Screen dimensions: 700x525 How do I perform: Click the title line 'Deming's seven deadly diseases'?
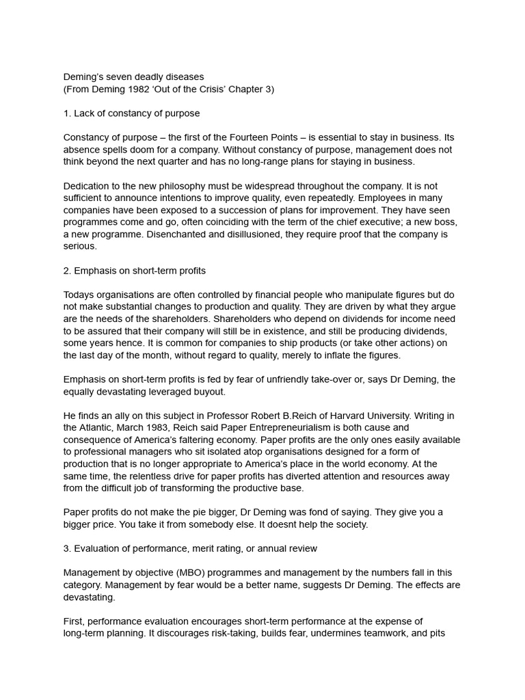133,77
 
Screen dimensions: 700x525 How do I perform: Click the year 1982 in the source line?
139,90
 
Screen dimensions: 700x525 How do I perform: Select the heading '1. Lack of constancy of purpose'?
131,113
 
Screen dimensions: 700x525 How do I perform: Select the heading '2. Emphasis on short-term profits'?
134,270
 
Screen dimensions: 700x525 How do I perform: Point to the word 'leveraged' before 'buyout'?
178,392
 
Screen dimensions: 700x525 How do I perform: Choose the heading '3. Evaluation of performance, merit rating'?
190,548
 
